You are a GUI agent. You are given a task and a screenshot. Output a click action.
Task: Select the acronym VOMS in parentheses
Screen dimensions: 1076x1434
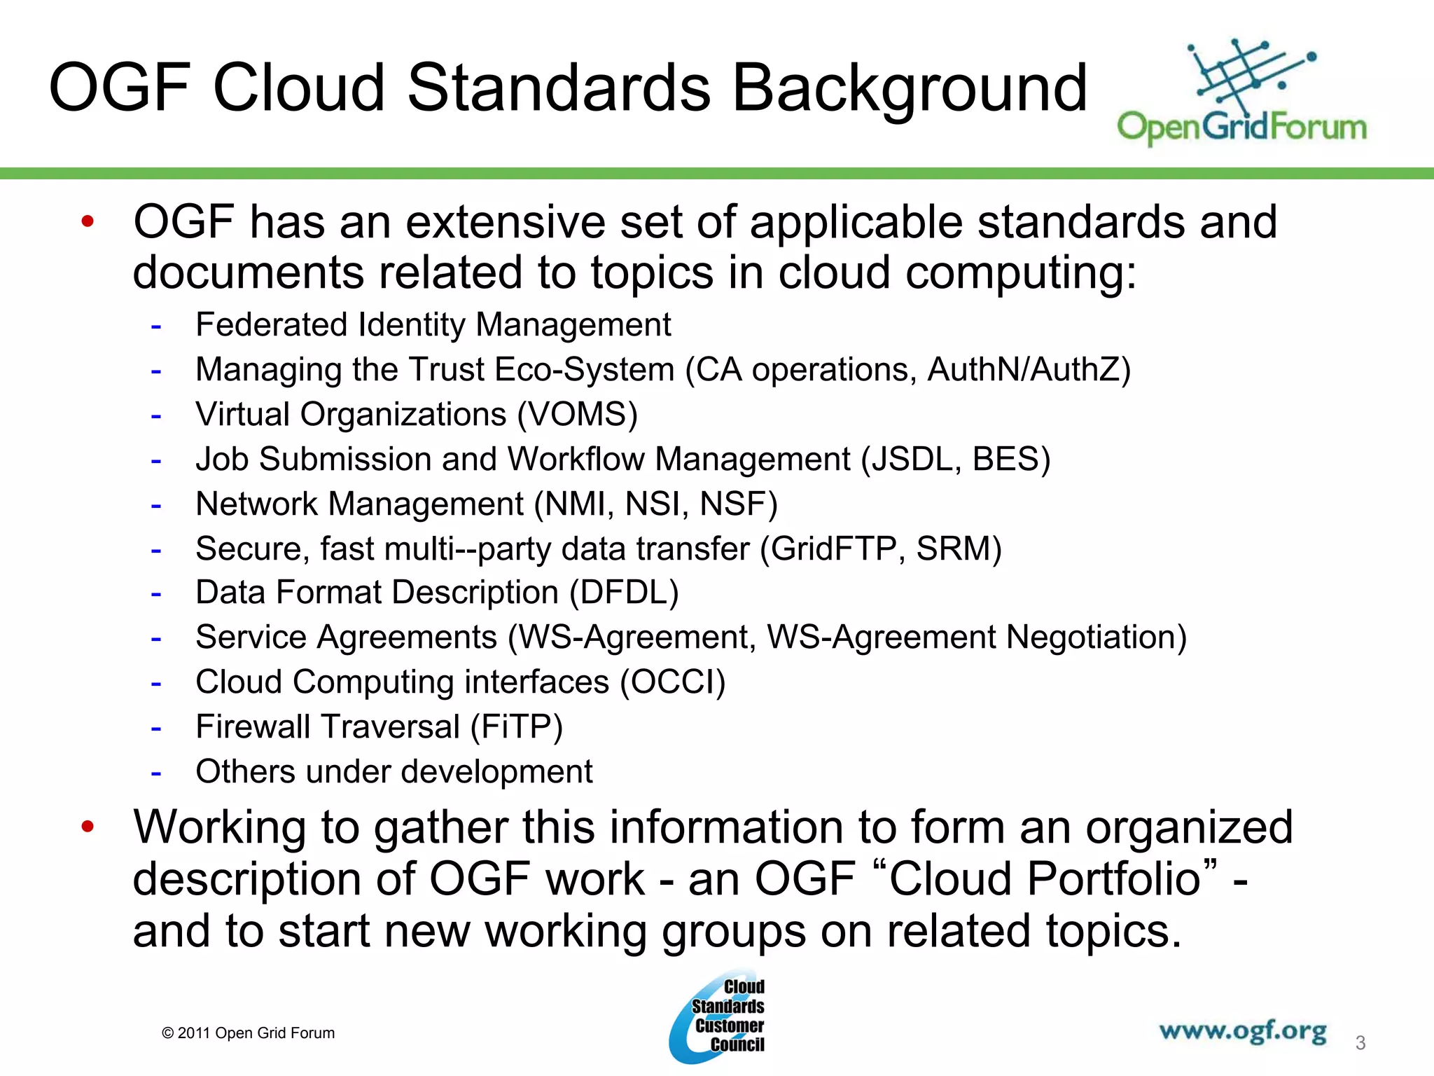tap(577, 415)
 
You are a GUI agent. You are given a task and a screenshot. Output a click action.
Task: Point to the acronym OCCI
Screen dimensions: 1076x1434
tap(673, 682)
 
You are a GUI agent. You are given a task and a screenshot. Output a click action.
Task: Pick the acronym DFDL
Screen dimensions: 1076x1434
tap(624, 593)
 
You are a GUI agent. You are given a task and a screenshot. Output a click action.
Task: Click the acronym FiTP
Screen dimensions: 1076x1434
tap(517, 727)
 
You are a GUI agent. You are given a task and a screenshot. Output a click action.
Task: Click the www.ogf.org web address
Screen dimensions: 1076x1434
tap(1242, 1031)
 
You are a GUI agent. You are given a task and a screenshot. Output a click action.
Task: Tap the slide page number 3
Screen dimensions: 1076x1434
tap(1360, 1043)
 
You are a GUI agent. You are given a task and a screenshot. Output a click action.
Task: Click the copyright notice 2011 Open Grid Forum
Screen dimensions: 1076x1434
tap(249, 1033)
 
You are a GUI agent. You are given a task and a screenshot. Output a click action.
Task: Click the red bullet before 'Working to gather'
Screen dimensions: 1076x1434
tap(88, 827)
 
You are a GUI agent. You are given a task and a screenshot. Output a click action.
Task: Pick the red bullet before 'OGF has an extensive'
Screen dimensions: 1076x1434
tap(88, 222)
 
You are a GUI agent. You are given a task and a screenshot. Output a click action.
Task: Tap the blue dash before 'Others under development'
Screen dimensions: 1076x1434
tap(156, 773)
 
